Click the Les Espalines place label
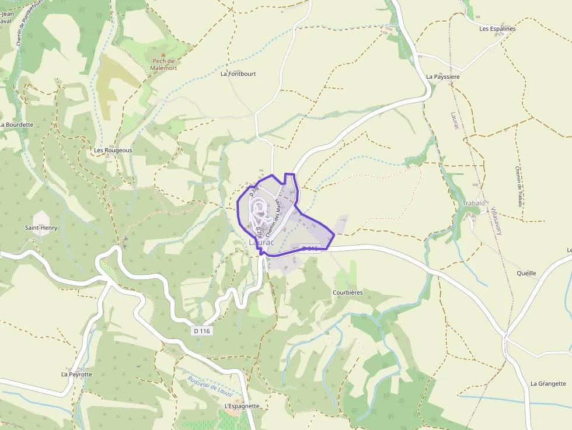[x=497, y=29]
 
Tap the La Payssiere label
[x=443, y=76]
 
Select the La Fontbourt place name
[x=238, y=74]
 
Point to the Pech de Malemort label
[x=163, y=64]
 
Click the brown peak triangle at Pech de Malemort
[x=163, y=54]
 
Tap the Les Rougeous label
[x=113, y=150]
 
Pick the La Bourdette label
[x=17, y=125]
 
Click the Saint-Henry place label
[x=41, y=228]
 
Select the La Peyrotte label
[x=76, y=374]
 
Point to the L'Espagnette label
[x=242, y=405]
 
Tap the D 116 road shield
[x=201, y=331]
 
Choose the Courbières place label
[x=347, y=292]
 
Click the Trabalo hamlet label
[x=473, y=203]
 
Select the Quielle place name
[x=526, y=273]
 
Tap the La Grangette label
[x=548, y=383]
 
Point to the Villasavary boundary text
[x=496, y=221]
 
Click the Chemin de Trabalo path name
[x=517, y=186]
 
